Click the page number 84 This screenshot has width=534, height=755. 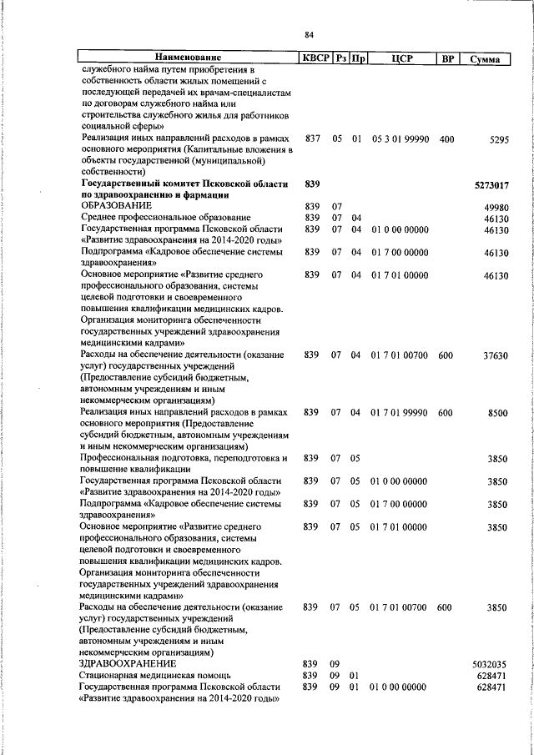[309, 34]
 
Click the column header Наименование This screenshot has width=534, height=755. [189, 58]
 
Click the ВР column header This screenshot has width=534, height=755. [447, 58]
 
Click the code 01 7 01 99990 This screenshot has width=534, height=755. [399, 412]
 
